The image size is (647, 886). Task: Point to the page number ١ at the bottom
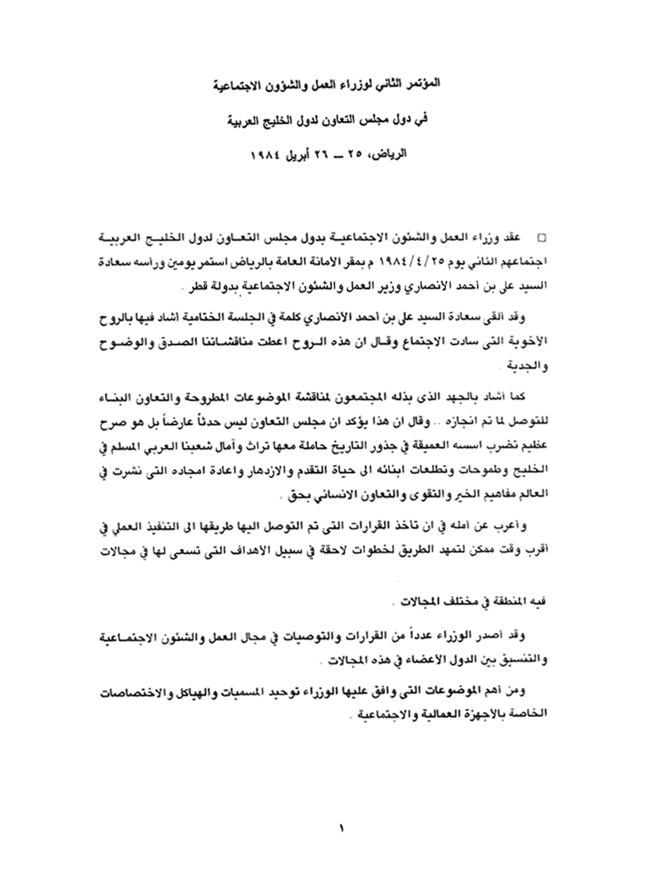coord(342,829)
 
